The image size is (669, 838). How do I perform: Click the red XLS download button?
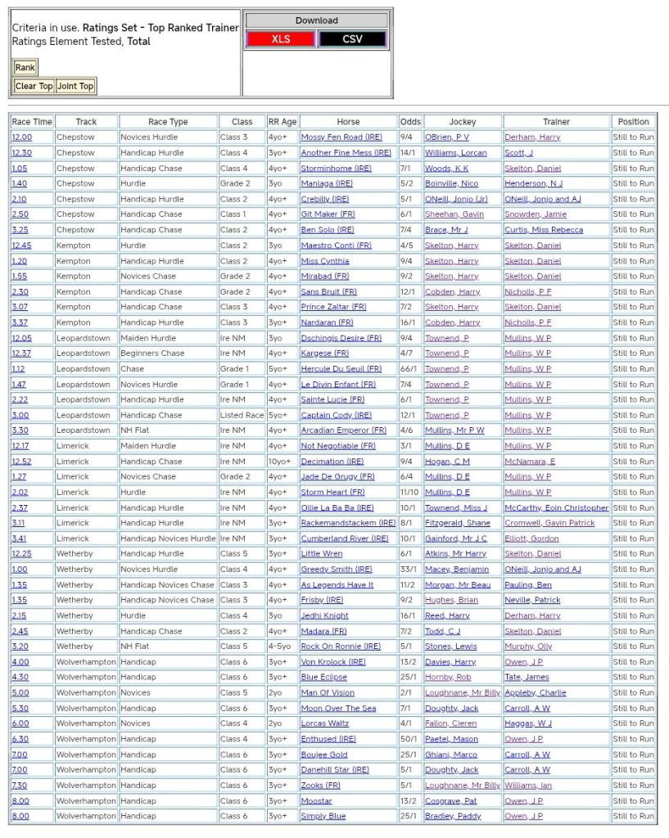pyautogui.click(x=281, y=39)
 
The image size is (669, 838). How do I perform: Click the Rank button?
pyautogui.click(x=25, y=68)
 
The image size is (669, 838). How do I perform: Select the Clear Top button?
pyautogui.click(x=34, y=86)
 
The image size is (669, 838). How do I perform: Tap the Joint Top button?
pyautogui.click(x=75, y=86)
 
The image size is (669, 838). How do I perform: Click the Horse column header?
pyautogui.click(x=348, y=122)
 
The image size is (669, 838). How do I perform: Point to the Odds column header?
pyautogui.click(x=410, y=122)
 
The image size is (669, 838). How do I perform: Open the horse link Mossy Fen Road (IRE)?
pyautogui.click(x=341, y=137)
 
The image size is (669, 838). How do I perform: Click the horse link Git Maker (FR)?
pyautogui.click(x=328, y=214)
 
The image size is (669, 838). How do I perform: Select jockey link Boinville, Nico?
pyautogui.click(x=451, y=183)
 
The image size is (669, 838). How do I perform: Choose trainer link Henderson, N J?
pyautogui.click(x=533, y=183)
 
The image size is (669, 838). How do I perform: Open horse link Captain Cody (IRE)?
pyautogui.click(x=336, y=415)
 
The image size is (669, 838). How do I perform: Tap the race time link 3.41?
pyautogui.click(x=19, y=538)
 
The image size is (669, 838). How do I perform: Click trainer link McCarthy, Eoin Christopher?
pyautogui.click(x=557, y=507)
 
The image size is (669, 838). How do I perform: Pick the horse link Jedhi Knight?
pyautogui.click(x=324, y=615)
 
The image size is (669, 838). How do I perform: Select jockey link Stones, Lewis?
pyautogui.click(x=450, y=647)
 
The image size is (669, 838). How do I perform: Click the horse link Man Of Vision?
pyautogui.click(x=328, y=692)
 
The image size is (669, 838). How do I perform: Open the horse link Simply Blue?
pyautogui.click(x=323, y=816)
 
